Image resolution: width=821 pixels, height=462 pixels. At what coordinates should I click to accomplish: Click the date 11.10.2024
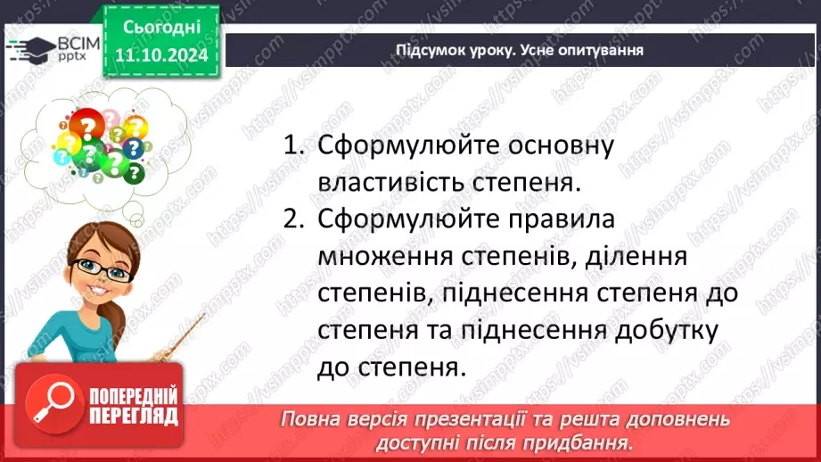(x=161, y=55)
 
